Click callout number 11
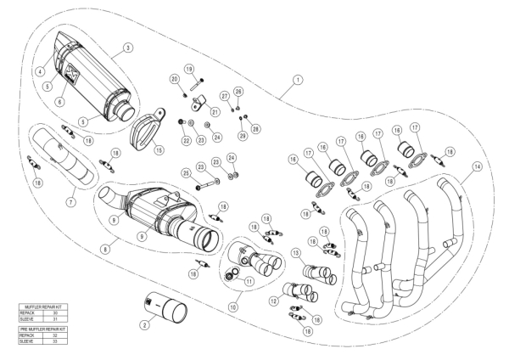click(249, 281)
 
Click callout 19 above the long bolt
click(189, 69)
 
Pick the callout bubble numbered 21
click(215, 112)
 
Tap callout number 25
click(186, 174)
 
